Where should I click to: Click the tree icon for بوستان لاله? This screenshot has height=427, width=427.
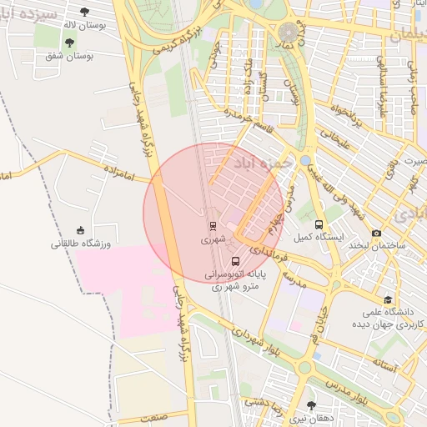[84, 12]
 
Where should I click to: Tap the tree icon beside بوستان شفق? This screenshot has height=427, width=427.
[69, 43]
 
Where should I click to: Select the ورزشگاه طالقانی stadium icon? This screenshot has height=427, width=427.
[80, 230]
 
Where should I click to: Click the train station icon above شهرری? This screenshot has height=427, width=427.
[212, 225]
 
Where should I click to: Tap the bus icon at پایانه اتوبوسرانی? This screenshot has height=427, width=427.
[234, 260]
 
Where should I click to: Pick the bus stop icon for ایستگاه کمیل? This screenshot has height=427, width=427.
[319, 224]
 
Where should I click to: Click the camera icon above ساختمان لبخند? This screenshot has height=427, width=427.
[377, 233]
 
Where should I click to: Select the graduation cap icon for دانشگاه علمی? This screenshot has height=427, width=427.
[388, 299]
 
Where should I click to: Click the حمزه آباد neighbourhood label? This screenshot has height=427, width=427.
[263, 162]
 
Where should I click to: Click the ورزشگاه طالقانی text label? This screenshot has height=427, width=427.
[80, 244]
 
